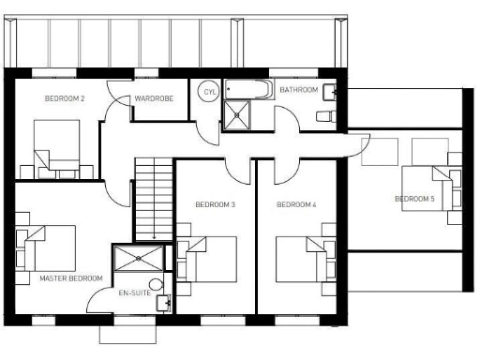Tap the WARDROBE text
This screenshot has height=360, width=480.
point(152,97)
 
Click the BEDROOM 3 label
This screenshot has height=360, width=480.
point(215,204)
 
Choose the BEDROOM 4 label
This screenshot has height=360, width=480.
point(296,204)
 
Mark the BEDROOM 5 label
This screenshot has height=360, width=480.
point(414,199)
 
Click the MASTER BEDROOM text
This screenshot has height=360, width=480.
point(71,278)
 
